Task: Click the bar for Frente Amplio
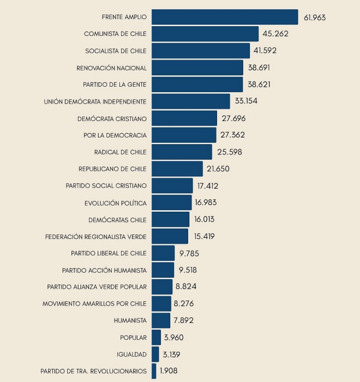pyautogui.click(x=225, y=17)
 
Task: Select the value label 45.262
pyautogui.click(x=275, y=34)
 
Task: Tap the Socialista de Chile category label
pyautogui.click(x=116, y=51)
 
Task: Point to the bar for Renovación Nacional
pyautogui.click(x=197, y=68)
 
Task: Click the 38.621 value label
pyautogui.click(x=259, y=85)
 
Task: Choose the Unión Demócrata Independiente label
pyautogui.click(x=95, y=102)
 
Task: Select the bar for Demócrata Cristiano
pyautogui.click(x=184, y=118)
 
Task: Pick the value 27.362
pyautogui.click(x=233, y=135)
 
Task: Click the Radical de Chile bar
pyautogui.click(x=182, y=152)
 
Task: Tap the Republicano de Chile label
pyautogui.click(x=112, y=169)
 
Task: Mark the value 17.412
pyautogui.click(x=208, y=186)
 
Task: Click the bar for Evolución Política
pyautogui.click(x=172, y=202)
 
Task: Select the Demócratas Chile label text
pyautogui.click(x=117, y=220)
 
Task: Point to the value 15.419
pyautogui.click(x=203, y=236)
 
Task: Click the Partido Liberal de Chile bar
pyautogui.click(x=163, y=253)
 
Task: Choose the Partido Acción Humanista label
pyautogui.click(x=104, y=270)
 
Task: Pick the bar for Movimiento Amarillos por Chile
pyautogui.click(x=161, y=303)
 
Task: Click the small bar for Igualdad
pyautogui.click(x=155, y=354)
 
